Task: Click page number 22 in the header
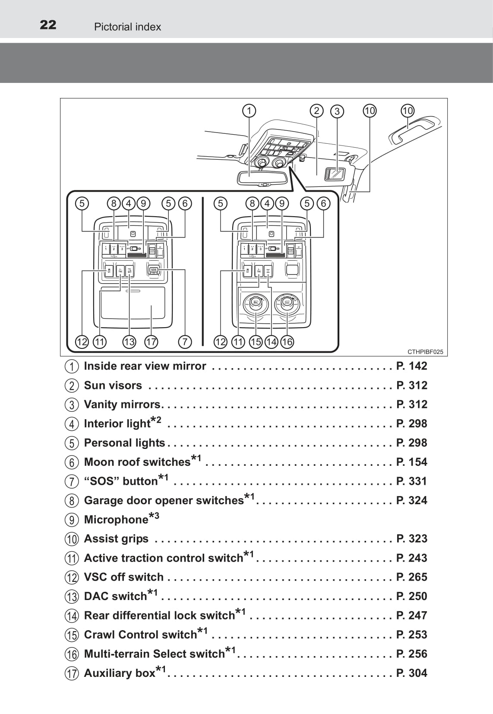(x=48, y=25)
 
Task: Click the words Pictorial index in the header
(x=127, y=27)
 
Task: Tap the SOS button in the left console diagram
(x=154, y=270)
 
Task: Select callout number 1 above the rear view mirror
(x=249, y=111)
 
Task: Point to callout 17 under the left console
(x=151, y=342)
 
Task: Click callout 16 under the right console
(x=287, y=342)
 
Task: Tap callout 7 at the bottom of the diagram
(x=185, y=342)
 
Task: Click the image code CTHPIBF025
(x=425, y=352)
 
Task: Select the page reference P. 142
(x=412, y=366)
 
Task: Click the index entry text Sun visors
(x=113, y=385)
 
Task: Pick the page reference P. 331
(x=412, y=481)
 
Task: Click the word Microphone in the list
(x=116, y=519)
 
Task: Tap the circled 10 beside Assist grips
(x=72, y=539)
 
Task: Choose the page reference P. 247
(x=412, y=615)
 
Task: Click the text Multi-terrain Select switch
(x=154, y=654)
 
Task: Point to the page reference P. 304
(x=412, y=673)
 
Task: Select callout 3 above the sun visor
(x=337, y=111)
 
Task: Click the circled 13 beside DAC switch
(x=72, y=597)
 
